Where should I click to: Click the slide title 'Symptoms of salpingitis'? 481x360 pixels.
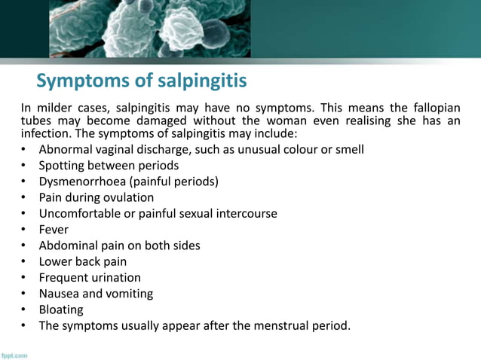[x=142, y=81]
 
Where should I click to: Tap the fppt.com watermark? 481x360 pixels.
[x=15, y=355]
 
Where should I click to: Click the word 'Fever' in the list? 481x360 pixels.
[x=54, y=230]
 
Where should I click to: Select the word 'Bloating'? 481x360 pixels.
[x=61, y=310]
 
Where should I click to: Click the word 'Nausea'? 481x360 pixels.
[x=60, y=294]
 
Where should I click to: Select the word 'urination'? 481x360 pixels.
[x=115, y=277]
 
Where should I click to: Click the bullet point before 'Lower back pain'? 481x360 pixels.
[x=24, y=262]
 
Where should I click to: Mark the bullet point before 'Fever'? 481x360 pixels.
[x=24, y=230]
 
